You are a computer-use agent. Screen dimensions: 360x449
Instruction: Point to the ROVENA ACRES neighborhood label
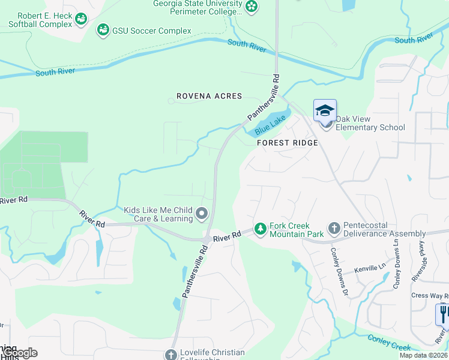coord(209,96)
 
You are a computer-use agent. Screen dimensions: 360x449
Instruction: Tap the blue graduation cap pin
coord(325,110)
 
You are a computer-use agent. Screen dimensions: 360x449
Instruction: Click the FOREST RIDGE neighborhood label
coord(287,143)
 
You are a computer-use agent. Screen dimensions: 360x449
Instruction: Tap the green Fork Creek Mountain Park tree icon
coord(260,229)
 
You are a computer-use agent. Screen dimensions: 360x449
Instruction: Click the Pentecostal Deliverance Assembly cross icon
coord(334,229)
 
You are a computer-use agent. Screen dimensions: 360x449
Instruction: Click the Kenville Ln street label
coord(369,271)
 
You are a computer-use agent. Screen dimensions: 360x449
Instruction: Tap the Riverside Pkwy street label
coord(418,262)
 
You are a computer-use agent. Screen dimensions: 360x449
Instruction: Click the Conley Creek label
coord(389,343)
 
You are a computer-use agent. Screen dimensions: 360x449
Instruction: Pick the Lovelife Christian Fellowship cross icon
coord(170,355)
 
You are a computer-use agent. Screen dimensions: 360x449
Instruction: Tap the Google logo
coord(19,353)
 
